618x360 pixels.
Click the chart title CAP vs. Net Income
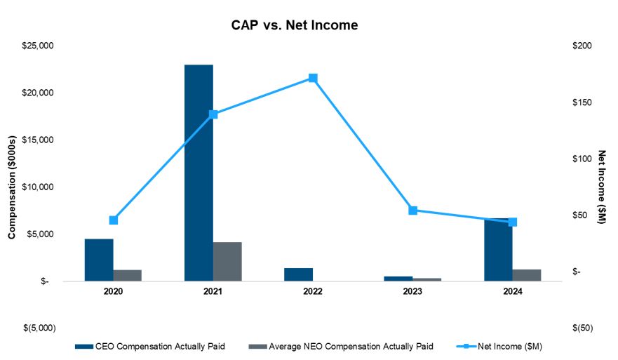tap(295, 25)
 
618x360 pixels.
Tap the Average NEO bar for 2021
tap(227, 262)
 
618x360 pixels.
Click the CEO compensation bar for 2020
tap(99, 260)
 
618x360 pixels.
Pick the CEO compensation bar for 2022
tap(298, 274)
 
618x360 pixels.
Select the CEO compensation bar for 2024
tap(498, 253)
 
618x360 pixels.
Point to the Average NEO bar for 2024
tap(527, 275)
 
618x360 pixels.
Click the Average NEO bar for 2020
tap(128, 275)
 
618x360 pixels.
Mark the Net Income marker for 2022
tap(313, 78)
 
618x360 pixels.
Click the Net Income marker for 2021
tap(213, 114)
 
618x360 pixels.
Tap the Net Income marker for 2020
tap(114, 220)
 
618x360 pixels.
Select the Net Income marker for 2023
tap(412, 211)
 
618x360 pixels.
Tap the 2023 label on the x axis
tap(412, 291)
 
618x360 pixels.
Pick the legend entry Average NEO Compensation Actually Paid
tap(341, 346)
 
